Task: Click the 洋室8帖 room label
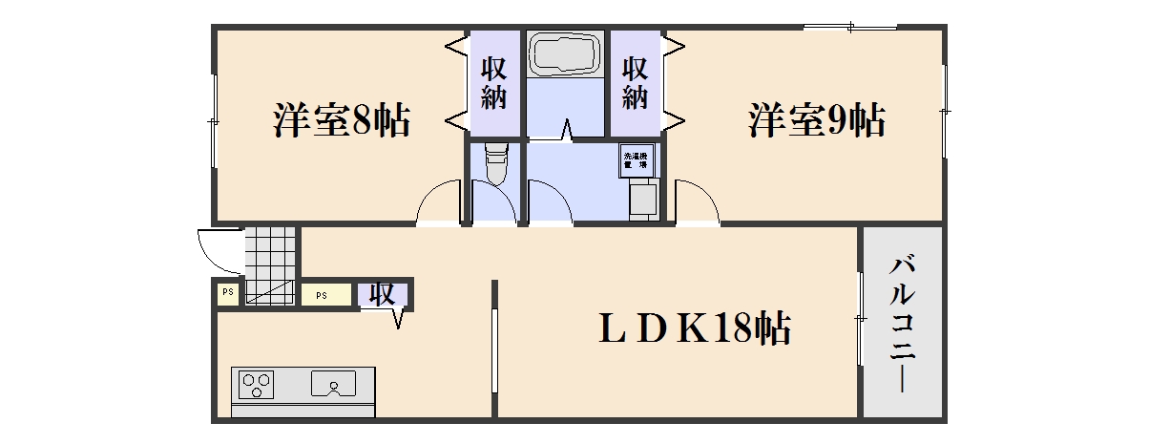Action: click(x=342, y=121)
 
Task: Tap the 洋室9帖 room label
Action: click(x=816, y=121)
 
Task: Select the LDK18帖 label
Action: click(x=694, y=329)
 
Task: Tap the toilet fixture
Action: click(x=495, y=164)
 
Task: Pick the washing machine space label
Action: click(x=636, y=159)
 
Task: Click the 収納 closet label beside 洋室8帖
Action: click(x=493, y=83)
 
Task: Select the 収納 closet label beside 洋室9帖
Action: click(x=636, y=83)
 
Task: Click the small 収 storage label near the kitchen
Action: click(x=383, y=295)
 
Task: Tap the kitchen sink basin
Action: click(x=334, y=384)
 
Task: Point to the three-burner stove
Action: click(x=256, y=384)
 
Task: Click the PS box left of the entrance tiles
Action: click(x=228, y=293)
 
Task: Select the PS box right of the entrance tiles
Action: click(x=322, y=294)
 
